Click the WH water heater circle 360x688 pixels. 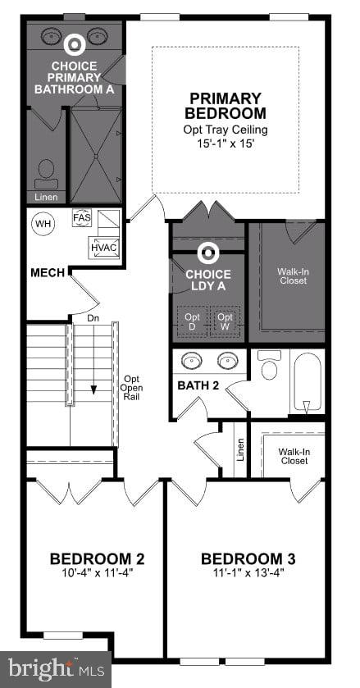pyautogui.click(x=42, y=222)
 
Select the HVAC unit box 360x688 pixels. pyautogui.click(x=103, y=247)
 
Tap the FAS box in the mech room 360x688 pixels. pyautogui.click(x=82, y=218)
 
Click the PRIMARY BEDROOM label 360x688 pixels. pyautogui.click(x=225, y=106)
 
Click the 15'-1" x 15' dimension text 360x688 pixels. pyautogui.click(x=225, y=144)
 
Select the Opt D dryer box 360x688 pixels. pyautogui.click(x=192, y=321)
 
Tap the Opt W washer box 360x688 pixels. pyautogui.click(x=225, y=321)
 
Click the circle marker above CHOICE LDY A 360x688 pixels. pyautogui.click(x=208, y=253)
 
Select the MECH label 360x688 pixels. pyautogui.click(x=48, y=272)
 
